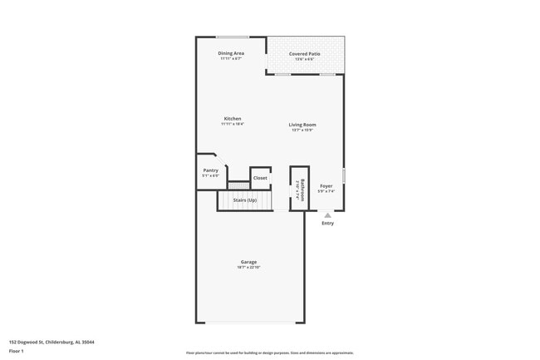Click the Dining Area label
pos(231,53)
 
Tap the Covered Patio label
pos(302,53)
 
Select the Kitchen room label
pos(232,118)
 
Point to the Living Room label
pos(302,125)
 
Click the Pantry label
pos(210,170)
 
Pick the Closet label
pos(260,178)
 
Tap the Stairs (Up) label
pos(244,200)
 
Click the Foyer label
pos(326,186)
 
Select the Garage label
pos(249,262)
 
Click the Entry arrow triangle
pos(327,215)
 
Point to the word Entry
pos(327,223)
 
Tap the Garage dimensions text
pos(249,268)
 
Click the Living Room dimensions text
pos(302,131)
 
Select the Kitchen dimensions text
pos(232,124)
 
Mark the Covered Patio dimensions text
pos(302,59)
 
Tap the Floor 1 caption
pos(16,350)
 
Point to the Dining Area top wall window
pos(233,37)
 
